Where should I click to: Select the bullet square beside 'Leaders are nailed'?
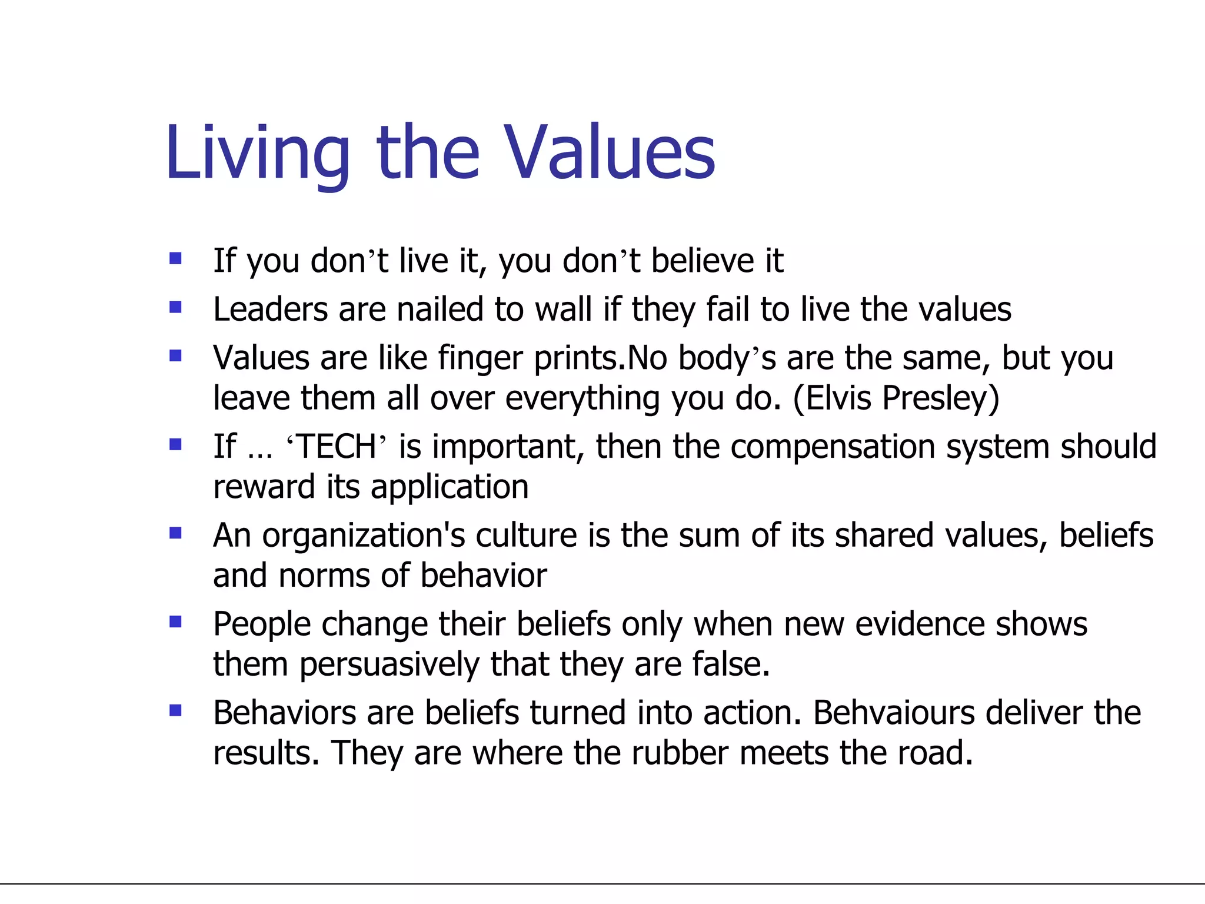(175, 307)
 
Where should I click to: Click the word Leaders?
(270, 310)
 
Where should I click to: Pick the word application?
(450, 488)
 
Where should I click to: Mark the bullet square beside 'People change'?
(175, 621)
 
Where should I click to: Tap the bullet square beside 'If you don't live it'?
(175, 258)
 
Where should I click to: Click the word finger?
(480, 359)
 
